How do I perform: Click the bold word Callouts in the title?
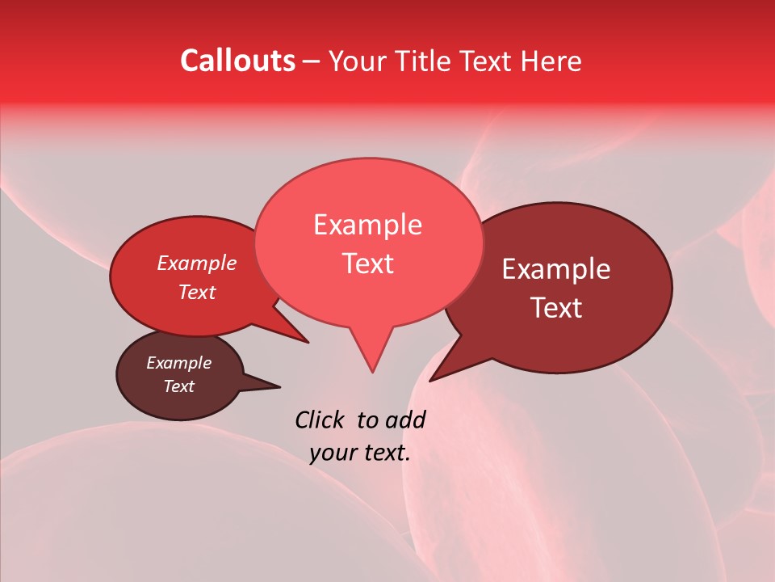[x=237, y=61]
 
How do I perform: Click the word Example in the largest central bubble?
[x=367, y=225]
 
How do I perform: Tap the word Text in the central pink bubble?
[x=367, y=264]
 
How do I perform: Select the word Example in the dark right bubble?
[x=556, y=269]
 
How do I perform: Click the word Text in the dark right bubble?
[x=556, y=308]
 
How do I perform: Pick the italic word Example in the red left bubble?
[x=196, y=263]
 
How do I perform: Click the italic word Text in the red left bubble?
[x=196, y=292]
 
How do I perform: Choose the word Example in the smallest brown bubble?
[x=178, y=363]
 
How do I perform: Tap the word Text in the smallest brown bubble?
[x=178, y=386]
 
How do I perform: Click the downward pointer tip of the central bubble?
[x=371, y=372]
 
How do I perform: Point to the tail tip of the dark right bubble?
[x=430, y=380]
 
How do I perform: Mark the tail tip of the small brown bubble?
[x=279, y=386]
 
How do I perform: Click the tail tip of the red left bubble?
[x=308, y=342]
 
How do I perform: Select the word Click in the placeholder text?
[x=320, y=420]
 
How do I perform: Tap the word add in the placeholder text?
[x=405, y=420]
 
